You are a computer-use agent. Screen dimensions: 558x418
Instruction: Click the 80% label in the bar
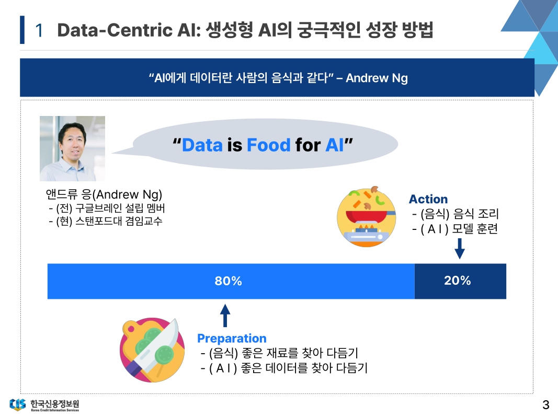[228, 281]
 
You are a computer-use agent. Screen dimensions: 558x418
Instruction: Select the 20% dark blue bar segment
[460, 281]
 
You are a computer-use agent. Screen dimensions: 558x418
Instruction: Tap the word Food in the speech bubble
[269, 145]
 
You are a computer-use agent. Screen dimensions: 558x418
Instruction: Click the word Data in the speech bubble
[202, 145]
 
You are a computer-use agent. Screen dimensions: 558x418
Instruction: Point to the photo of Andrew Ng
[72, 148]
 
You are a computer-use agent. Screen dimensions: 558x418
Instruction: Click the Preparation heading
[232, 339]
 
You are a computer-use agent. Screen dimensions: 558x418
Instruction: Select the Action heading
[428, 199]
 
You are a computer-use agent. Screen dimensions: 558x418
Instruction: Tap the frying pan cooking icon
[366, 216]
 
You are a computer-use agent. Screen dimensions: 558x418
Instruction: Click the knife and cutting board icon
[152, 350]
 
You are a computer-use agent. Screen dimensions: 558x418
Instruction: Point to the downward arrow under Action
[460, 249]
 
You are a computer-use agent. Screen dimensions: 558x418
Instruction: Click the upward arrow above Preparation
[225, 315]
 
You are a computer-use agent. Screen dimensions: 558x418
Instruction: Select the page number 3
[546, 404]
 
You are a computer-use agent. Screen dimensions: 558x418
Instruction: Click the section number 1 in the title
[39, 30]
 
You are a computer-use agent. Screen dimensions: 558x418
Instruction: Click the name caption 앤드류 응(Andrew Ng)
[104, 194]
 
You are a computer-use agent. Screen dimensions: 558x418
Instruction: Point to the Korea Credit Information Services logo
[44, 404]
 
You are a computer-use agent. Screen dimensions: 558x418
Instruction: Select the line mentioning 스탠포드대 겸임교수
[106, 221]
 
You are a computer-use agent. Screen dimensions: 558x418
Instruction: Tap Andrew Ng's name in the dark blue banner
[377, 78]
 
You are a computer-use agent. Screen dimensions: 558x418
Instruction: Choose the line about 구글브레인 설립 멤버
[107, 208]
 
